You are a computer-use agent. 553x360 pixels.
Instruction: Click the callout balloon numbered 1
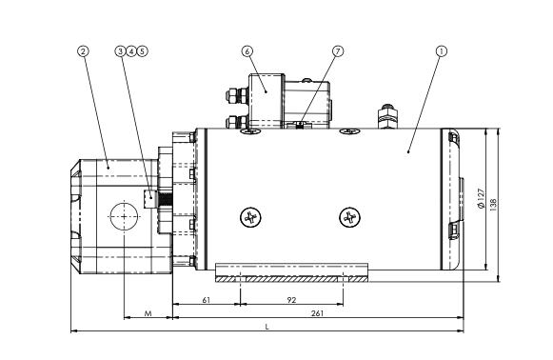tap(442, 51)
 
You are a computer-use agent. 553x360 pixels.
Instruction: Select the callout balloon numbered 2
tap(83, 51)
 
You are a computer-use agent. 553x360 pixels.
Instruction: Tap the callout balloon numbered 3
tap(120, 51)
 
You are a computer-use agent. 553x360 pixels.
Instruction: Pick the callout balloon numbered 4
tap(131, 51)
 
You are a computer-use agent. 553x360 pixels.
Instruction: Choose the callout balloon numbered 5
tap(142, 51)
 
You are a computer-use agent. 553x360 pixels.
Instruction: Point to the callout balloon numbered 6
tap(247, 51)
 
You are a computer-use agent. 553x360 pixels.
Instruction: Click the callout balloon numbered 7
tap(338, 51)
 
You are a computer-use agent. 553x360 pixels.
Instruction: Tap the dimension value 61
tap(207, 300)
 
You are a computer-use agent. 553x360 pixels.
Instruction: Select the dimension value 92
tap(291, 300)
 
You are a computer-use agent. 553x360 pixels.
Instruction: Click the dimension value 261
tap(317, 313)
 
